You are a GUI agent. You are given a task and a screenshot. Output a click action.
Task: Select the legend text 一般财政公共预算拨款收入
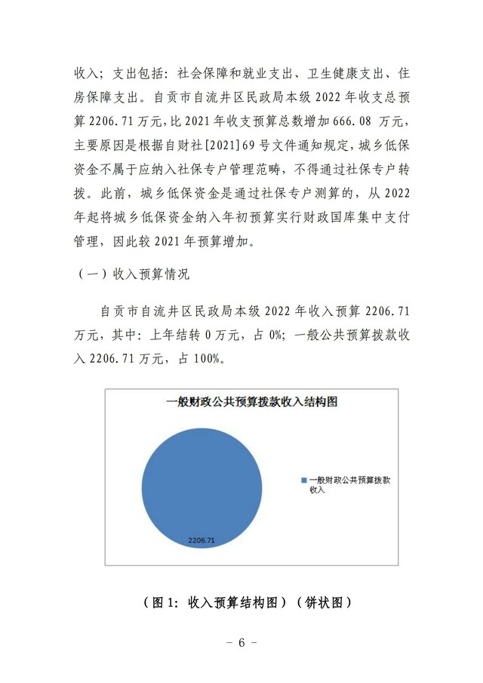click(350, 485)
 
